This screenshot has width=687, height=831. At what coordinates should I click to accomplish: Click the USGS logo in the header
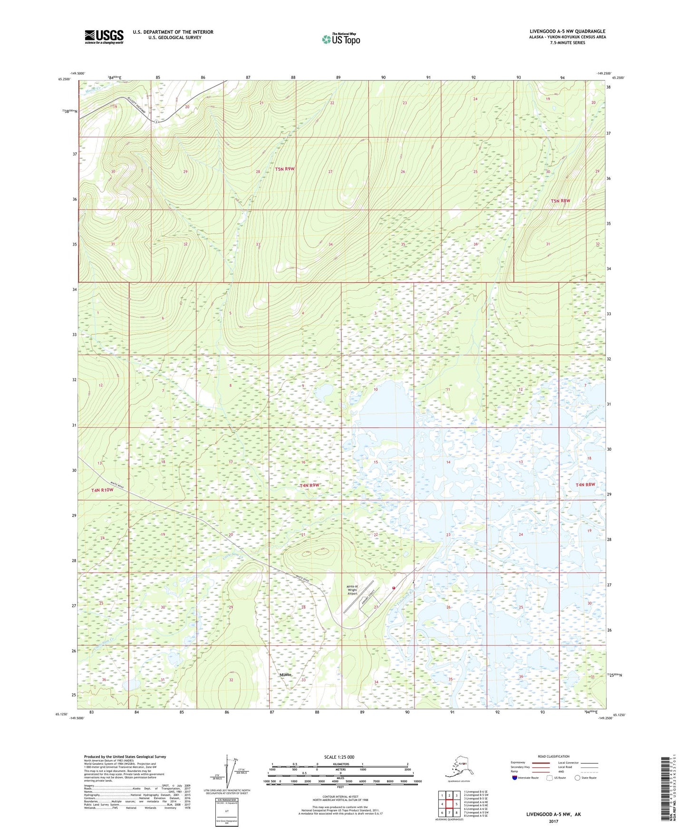click(x=104, y=37)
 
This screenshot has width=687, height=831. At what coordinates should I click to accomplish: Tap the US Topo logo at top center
click(x=341, y=39)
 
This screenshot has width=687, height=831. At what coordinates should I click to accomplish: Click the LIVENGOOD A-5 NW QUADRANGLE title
click(x=567, y=31)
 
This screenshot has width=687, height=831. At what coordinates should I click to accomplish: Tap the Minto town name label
click(x=285, y=675)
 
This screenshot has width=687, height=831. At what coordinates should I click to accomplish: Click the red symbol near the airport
click(x=394, y=588)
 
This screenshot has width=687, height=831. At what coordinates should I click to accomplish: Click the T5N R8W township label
click(x=560, y=201)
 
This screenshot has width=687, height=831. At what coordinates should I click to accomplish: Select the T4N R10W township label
click(x=102, y=490)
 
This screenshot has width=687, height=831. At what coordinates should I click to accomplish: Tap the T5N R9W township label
click(x=285, y=169)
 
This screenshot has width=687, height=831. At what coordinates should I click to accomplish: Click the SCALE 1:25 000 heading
click(x=339, y=757)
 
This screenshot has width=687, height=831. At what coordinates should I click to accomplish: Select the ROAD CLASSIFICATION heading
click(x=553, y=756)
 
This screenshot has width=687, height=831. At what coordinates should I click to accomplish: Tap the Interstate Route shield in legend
click(x=514, y=778)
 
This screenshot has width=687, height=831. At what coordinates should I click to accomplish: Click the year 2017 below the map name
click(x=553, y=821)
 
